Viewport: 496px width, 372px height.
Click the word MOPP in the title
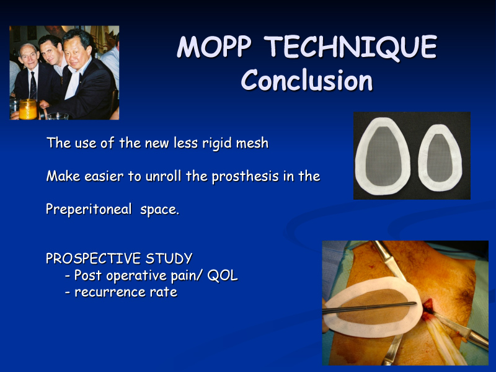[x=214, y=47]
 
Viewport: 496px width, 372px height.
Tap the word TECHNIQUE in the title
[x=351, y=48]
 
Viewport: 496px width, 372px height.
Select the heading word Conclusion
[x=307, y=81]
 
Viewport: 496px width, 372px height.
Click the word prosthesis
[x=246, y=177]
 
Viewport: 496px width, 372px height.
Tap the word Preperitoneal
[x=89, y=210]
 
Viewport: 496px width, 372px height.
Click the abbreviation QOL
[x=223, y=275]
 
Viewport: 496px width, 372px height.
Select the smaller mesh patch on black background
[x=440, y=158]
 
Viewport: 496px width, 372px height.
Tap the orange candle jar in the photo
[x=28, y=109]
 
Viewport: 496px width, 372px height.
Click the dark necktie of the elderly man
[x=33, y=86]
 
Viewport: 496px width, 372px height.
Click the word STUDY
[x=169, y=259]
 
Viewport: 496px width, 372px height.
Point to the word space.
[x=159, y=210]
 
